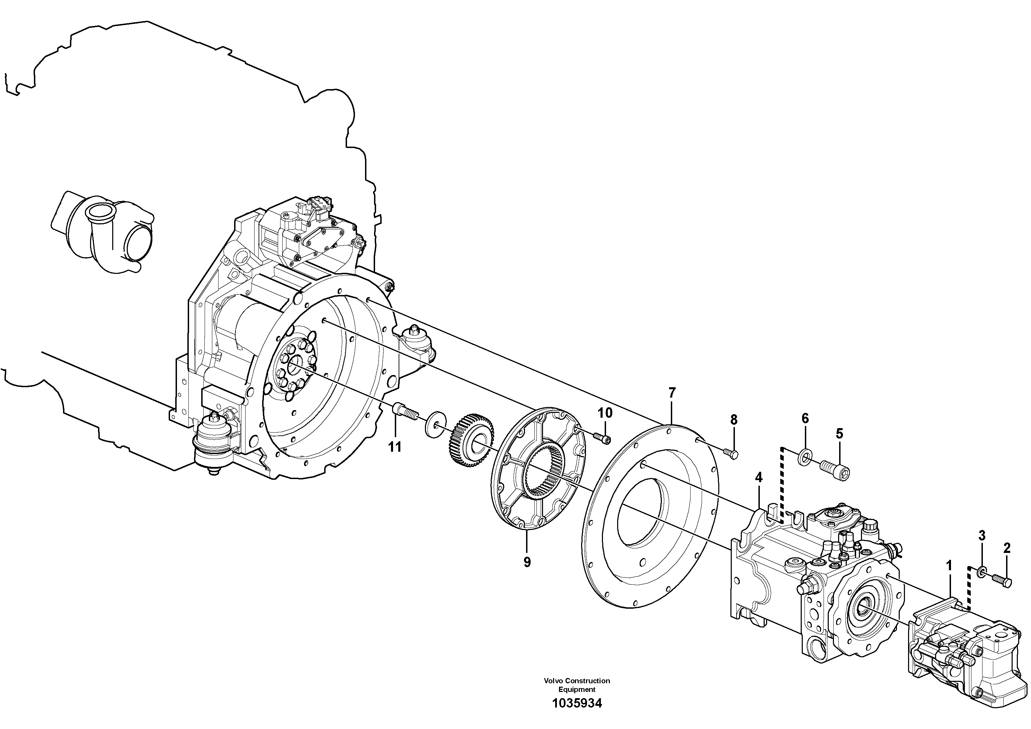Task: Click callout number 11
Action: pyautogui.click(x=395, y=447)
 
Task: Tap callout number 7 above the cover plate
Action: pyautogui.click(x=672, y=393)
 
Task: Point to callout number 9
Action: pyautogui.click(x=527, y=562)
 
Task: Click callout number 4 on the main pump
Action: pyautogui.click(x=758, y=477)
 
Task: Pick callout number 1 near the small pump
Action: pyautogui.click(x=949, y=566)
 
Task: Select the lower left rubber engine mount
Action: pyautogui.click(x=213, y=443)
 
